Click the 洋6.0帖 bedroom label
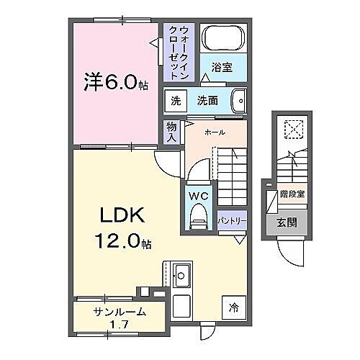pos(115,84)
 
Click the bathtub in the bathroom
pos(222,38)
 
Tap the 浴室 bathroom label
pos(221,68)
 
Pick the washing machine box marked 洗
pos(176,100)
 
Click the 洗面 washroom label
pos(208,100)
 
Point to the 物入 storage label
pos(171,131)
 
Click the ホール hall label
pos(215,132)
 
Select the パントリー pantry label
pos(231,220)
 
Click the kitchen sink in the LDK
pos(181,274)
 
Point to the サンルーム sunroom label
pos(120,312)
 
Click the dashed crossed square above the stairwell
pos(292,130)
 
